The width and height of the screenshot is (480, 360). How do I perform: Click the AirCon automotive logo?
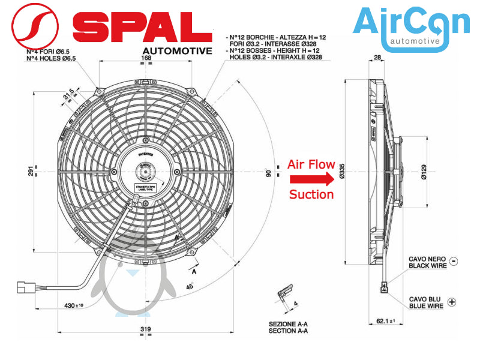click(x=411, y=27)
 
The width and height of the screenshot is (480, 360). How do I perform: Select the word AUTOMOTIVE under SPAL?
click(x=177, y=51)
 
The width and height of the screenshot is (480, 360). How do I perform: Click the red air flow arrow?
click(x=310, y=179)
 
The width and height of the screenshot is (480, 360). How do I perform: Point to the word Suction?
click(x=311, y=194)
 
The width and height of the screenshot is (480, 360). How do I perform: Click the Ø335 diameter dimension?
click(x=341, y=172)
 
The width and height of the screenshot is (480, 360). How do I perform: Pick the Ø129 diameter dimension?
click(x=424, y=172)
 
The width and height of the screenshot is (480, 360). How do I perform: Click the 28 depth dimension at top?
click(x=377, y=58)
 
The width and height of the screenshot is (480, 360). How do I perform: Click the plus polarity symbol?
click(x=452, y=302)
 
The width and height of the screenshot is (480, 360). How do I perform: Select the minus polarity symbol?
click(x=453, y=261)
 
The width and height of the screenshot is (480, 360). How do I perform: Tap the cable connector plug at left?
click(x=26, y=286)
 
